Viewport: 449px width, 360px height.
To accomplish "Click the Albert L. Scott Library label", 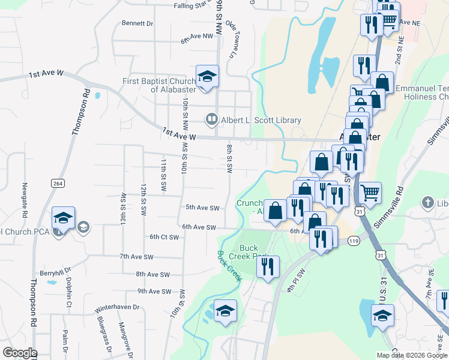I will point(261,120).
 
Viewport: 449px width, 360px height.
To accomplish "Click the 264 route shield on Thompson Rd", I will point(58,184).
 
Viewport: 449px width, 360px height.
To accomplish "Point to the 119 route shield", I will point(354,241).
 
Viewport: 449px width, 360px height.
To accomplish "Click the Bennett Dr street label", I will point(137,23).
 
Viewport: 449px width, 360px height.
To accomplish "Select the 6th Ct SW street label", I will point(164,238).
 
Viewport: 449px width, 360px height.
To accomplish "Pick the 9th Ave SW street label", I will point(154,292).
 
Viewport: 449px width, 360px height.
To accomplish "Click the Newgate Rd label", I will point(25,200).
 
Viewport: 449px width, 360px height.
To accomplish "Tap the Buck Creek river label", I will point(229,266).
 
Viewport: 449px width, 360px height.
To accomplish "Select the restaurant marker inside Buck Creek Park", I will point(268,266).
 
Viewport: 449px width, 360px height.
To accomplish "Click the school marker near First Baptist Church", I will point(207,77).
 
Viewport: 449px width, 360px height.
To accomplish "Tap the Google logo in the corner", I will point(20,353).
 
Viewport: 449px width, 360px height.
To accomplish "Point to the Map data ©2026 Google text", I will point(412,355).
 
